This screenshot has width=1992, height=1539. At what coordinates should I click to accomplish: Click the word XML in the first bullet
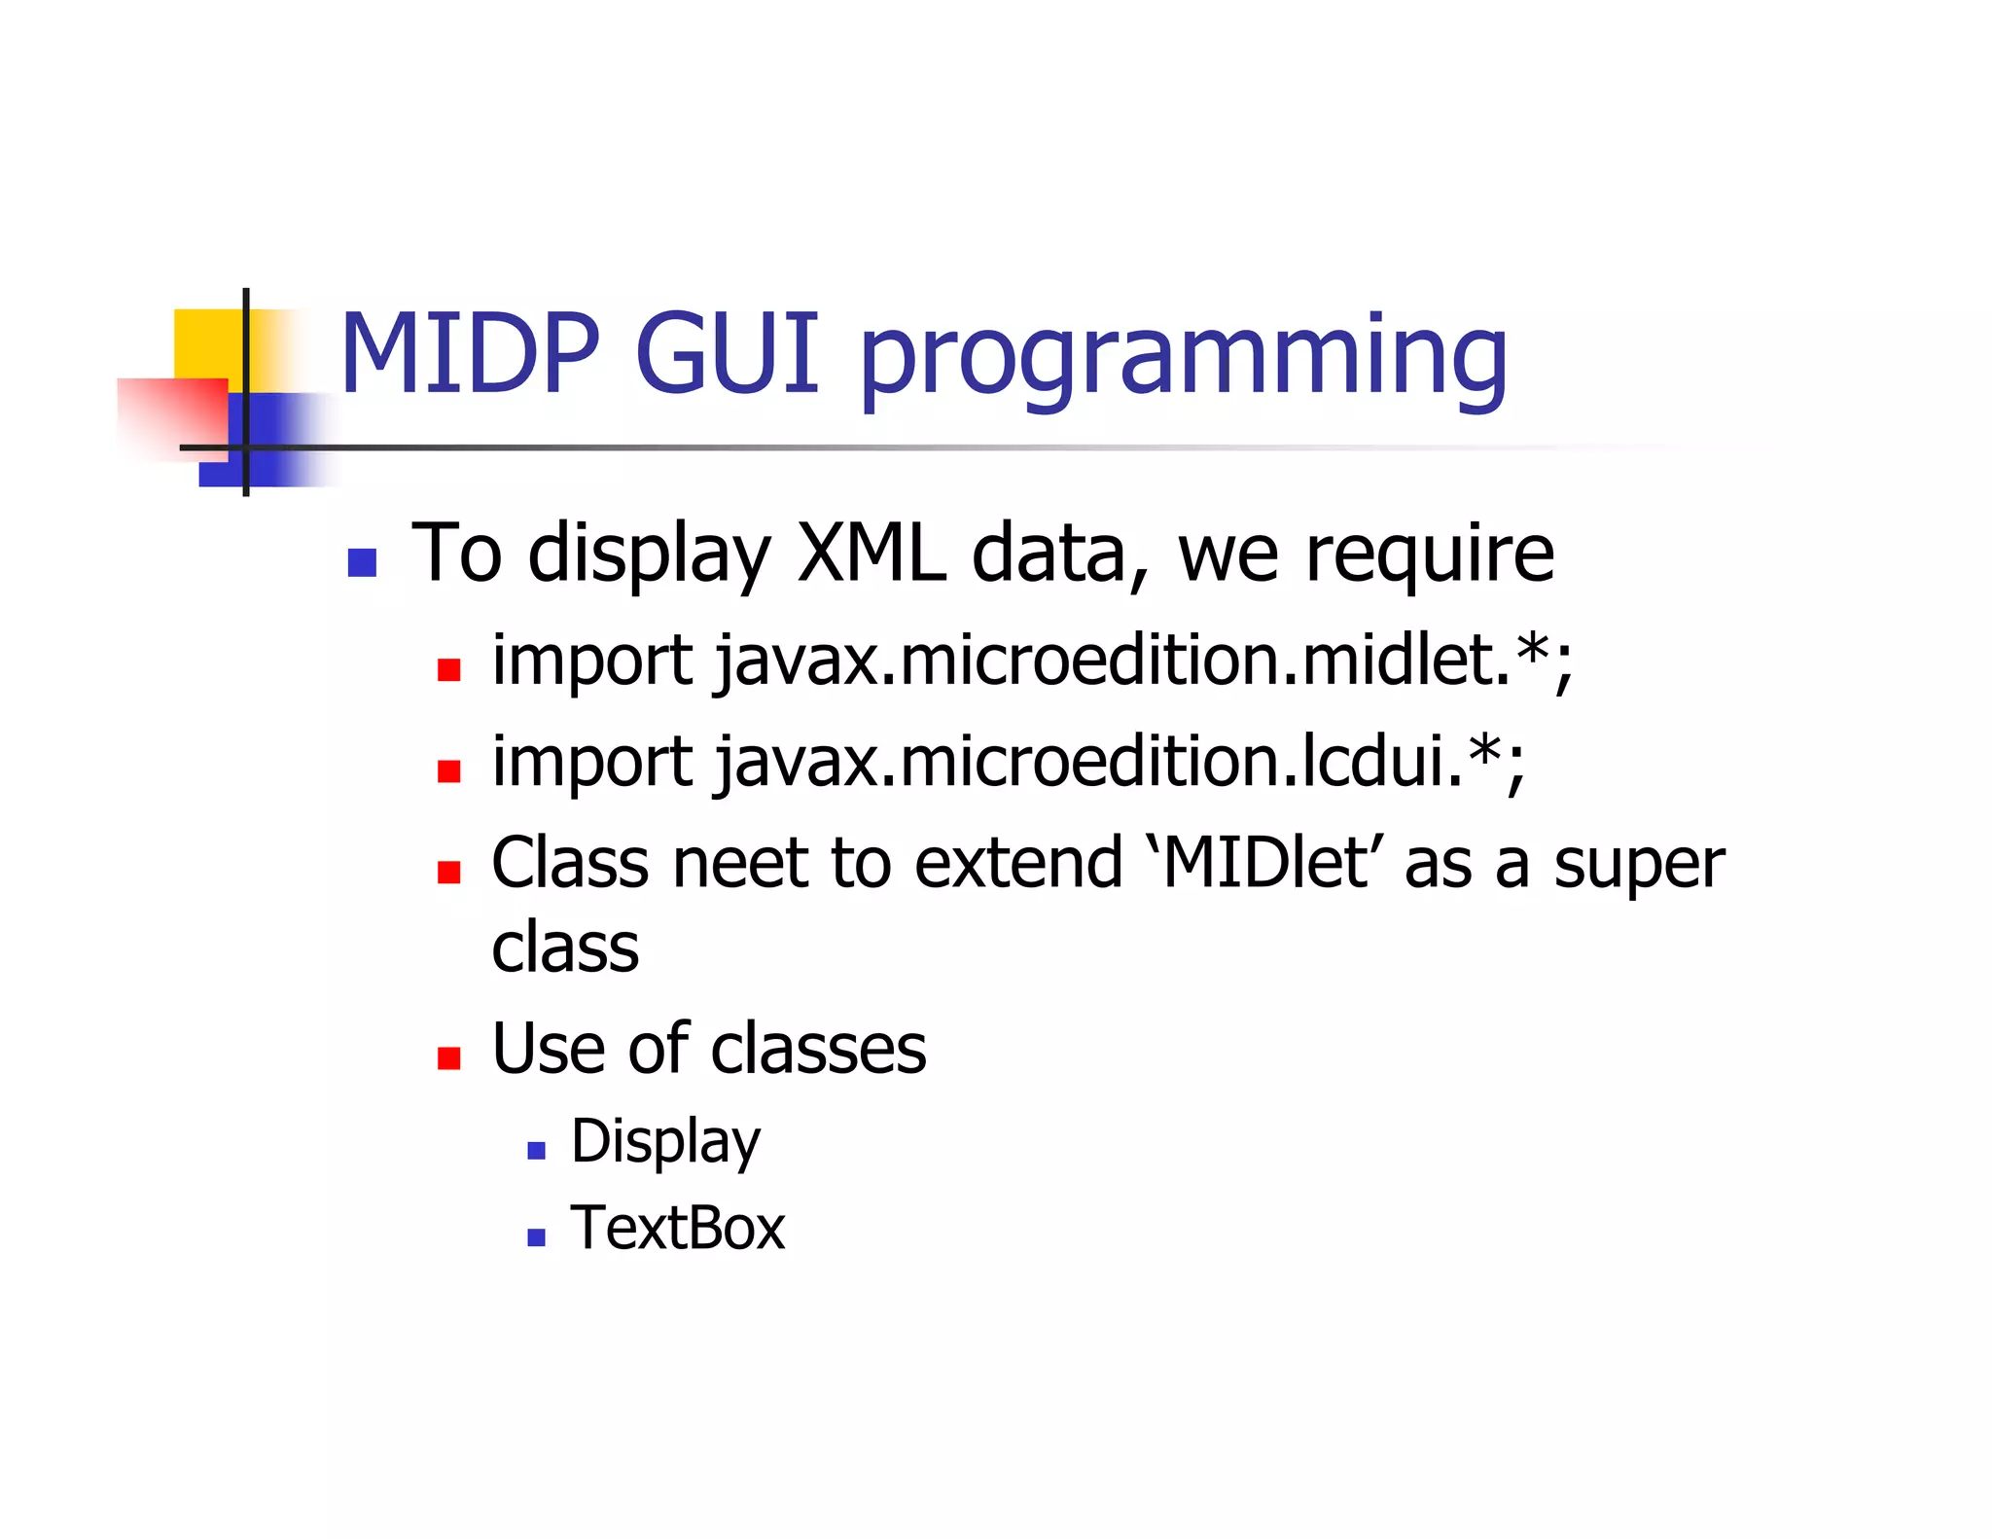pos(871,553)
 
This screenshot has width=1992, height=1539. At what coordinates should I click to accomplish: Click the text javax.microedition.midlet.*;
pos(1144,661)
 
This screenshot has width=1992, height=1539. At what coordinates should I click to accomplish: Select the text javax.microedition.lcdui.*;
pos(1120,762)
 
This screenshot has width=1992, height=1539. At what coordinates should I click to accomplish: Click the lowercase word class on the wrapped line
pos(565,948)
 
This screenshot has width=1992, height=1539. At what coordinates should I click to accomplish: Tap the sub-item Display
pos(665,1142)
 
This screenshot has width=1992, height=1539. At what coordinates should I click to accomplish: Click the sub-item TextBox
pos(678,1228)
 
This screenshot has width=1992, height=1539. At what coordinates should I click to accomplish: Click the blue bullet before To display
pos(362,563)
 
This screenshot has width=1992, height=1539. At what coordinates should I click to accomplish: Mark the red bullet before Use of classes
pos(448,1058)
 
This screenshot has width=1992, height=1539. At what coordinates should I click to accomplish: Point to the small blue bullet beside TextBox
pos(536,1237)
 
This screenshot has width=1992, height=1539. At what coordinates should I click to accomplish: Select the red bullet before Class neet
pos(448,872)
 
